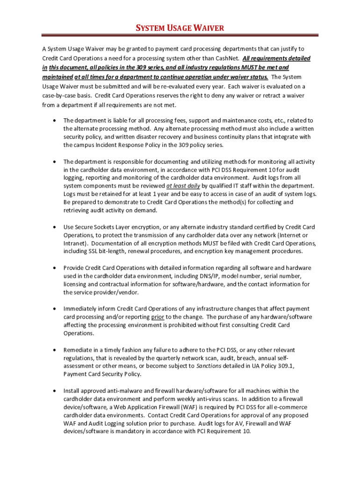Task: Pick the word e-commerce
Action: pos(293,407)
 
